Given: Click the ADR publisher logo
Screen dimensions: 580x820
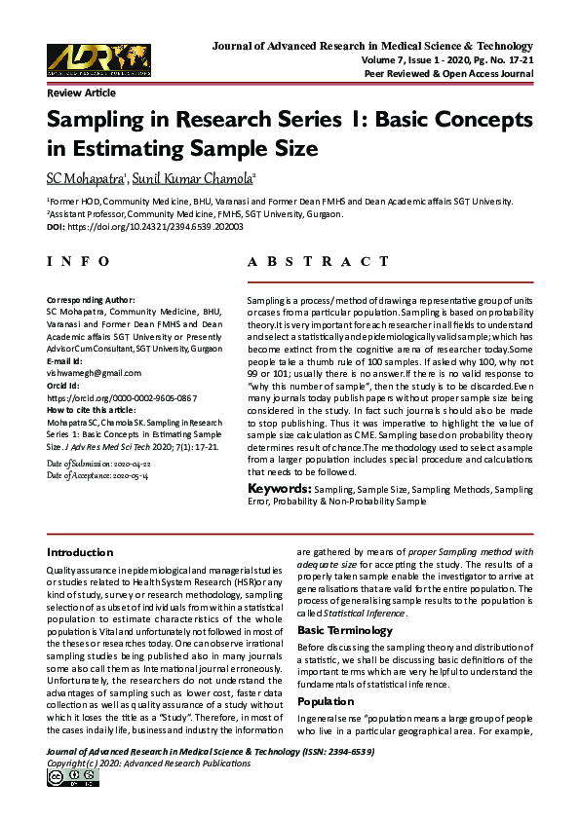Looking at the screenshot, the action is point(98,59).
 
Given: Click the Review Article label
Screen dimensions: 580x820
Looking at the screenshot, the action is point(81,93).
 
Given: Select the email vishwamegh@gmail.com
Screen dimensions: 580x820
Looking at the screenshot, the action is point(94,373).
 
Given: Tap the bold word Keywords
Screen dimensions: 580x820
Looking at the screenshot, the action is point(279,488).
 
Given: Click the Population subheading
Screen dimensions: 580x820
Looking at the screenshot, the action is point(327,701).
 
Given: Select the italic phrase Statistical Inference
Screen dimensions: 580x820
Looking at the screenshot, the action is point(363,614).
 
